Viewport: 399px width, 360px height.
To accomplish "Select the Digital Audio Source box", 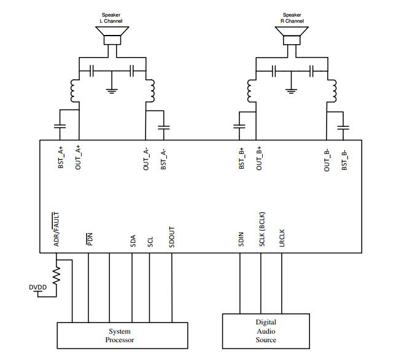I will (265, 331).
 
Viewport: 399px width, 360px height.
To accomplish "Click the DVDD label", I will (38, 286).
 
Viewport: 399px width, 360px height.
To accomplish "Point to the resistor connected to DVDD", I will (57, 277).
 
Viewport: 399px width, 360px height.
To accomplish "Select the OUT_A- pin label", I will (146, 159).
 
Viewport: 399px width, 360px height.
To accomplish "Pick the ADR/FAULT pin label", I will (56, 229).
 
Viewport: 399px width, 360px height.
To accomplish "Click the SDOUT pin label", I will (172, 236).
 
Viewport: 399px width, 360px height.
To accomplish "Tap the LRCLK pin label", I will (282, 237).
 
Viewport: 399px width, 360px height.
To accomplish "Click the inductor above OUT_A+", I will (76, 93).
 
